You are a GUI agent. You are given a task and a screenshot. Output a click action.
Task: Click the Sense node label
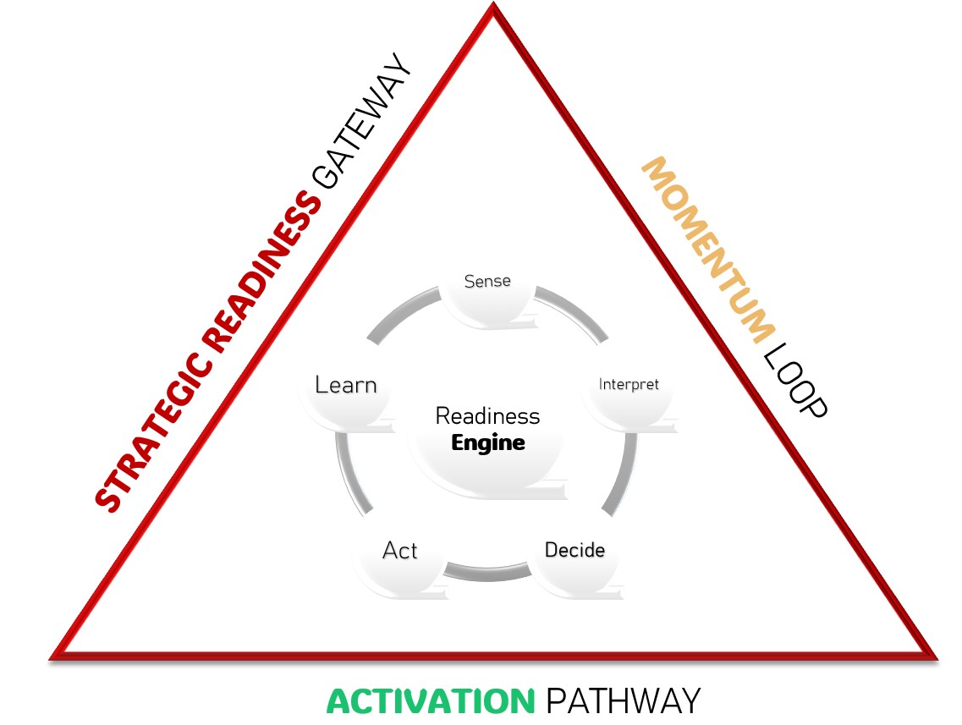pyautogui.click(x=487, y=281)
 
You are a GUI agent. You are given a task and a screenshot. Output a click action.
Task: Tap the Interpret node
pyautogui.click(x=629, y=384)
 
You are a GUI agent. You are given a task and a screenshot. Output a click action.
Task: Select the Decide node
pyautogui.click(x=574, y=550)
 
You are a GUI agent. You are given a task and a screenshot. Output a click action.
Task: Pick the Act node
pyautogui.click(x=400, y=551)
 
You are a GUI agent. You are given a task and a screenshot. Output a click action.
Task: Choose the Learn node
pyautogui.click(x=345, y=386)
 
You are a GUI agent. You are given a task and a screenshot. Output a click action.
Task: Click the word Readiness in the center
pyautogui.click(x=487, y=416)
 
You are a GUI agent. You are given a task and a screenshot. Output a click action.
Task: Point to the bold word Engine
pyautogui.click(x=488, y=442)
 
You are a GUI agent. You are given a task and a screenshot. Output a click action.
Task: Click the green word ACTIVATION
pyautogui.click(x=431, y=701)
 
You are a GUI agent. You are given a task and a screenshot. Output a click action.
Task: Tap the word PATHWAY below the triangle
pyautogui.click(x=623, y=701)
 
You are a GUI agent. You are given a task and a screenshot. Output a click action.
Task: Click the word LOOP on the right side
pyautogui.click(x=794, y=382)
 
